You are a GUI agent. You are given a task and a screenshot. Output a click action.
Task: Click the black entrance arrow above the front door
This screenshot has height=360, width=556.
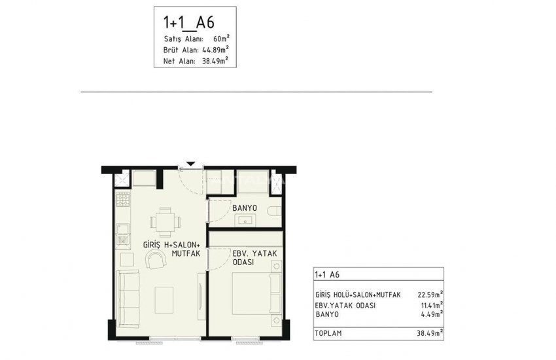(x=190, y=164)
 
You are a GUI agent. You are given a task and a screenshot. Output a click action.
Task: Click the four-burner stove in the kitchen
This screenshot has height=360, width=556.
(x=122, y=202)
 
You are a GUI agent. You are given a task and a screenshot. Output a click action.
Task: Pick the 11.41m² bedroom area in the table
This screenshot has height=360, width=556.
(x=429, y=304)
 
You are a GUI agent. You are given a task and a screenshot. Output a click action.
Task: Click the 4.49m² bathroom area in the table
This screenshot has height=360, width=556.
(x=431, y=314)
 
